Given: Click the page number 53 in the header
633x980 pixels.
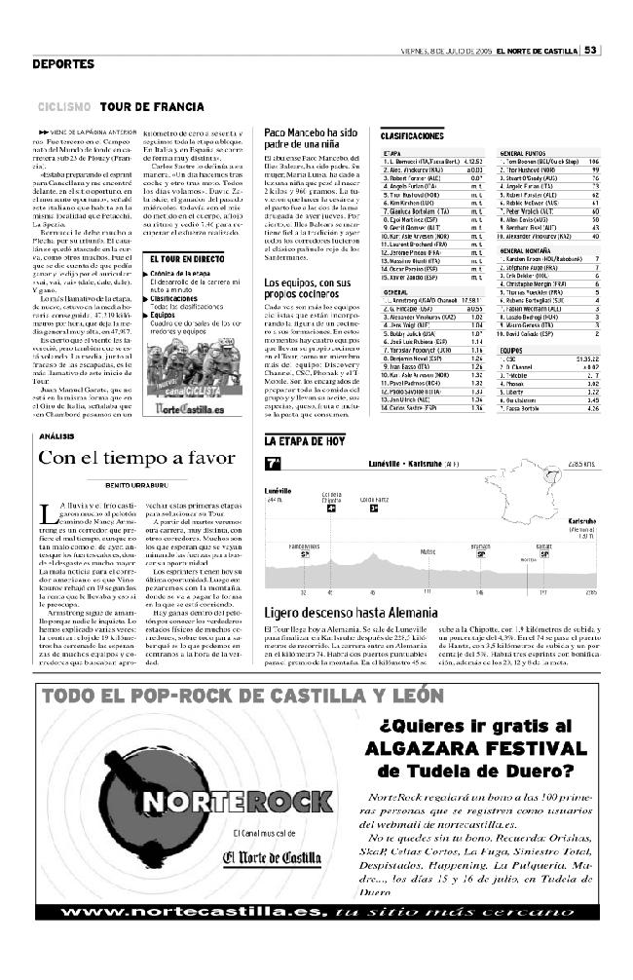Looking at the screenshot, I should tap(591, 52).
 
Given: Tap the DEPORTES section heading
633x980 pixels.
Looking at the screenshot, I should tap(62, 65).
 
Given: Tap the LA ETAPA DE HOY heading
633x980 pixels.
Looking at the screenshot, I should tap(305, 441).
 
